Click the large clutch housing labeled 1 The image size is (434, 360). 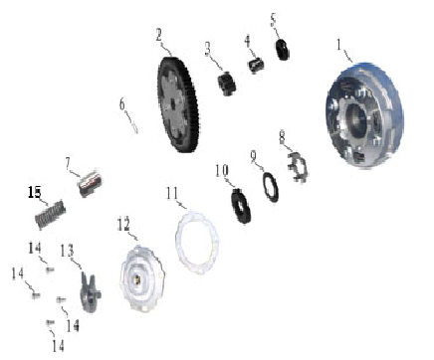tap(364, 114)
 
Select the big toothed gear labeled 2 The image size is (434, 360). tap(178, 104)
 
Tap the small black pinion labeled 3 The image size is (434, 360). tap(227, 84)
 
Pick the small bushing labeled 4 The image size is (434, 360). tap(256, 65)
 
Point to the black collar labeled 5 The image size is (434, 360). tap(282, 50)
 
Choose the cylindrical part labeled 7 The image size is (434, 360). tap(91, 182)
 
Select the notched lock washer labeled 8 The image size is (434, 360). tap(298, 166)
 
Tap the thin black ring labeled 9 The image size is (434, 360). tap(271, 187)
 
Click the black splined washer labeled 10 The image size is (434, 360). tap(241, 206)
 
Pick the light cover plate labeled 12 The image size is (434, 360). tap(142, 278)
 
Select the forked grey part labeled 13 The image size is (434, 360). tap(90, 292)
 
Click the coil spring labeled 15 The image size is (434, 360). tap(50, 214)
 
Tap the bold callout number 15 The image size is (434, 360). tap(35, 192)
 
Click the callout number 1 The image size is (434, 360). tap(338, 45)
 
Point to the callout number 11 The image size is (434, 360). tap(172, 194)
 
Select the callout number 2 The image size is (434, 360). tap(159, 35)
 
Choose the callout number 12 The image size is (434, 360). tap(123, 225)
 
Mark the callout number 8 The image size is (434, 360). tap(282, 137)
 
